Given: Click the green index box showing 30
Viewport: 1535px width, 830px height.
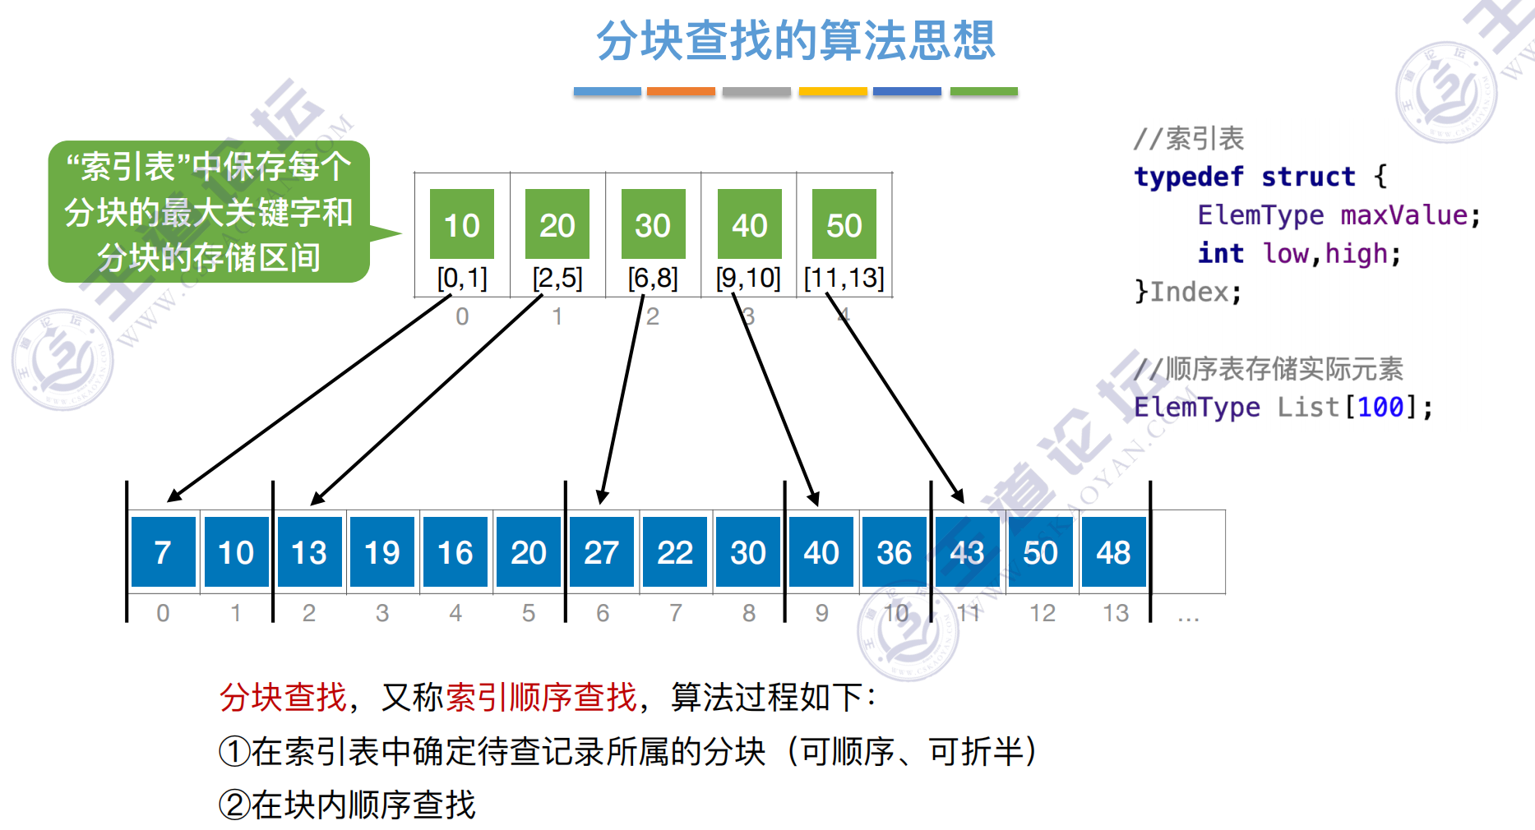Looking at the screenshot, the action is (x=653, y=224).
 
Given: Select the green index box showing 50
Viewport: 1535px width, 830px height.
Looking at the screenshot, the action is (x=844, y=224).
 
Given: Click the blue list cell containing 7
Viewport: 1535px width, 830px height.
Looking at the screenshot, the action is (x=163, y=552).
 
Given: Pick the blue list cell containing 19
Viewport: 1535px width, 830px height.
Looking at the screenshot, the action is (x=382, y=552).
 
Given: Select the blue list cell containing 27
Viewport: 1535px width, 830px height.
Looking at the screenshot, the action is (x=602, y=552).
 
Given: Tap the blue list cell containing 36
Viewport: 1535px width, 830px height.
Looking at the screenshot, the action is (x=894, y=552).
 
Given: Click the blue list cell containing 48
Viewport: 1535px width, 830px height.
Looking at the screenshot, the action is (x=1113, y=552).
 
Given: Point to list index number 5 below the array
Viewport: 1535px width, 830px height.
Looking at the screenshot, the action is (x=529, y=613).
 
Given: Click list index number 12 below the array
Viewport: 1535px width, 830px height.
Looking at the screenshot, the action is (x=1043, y=613).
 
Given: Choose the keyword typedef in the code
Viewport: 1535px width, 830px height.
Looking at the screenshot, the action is (x=1188, y=177).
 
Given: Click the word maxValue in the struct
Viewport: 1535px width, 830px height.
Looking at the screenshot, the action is (x=1404, y=215).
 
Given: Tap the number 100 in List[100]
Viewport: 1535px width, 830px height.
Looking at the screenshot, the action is (x=1380, y=407).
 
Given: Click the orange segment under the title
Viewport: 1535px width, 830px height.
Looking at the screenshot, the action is (x=681, y=91).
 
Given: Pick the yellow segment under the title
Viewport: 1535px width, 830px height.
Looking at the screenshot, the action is (x=833, y=91).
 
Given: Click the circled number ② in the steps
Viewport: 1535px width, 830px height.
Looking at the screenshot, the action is (x=234, y=805).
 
